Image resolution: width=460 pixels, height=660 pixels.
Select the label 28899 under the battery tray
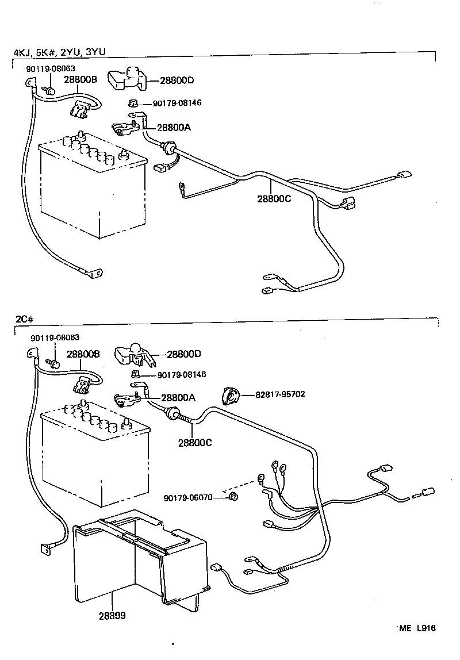coord(113,615)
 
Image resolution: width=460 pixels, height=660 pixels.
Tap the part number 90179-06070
coord(188,497)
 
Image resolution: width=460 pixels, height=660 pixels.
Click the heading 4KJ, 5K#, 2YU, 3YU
coord(59,53)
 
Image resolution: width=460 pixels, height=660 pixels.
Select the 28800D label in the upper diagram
coord(177,80)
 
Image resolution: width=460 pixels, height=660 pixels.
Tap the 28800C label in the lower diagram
coord(195,443)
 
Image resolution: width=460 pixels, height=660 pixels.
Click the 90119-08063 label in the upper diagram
coord(51,68)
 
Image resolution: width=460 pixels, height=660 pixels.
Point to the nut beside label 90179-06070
coord(233,497)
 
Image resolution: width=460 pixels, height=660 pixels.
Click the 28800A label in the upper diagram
coord(173,128)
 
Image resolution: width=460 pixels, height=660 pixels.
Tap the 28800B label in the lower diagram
coord(83,354)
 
